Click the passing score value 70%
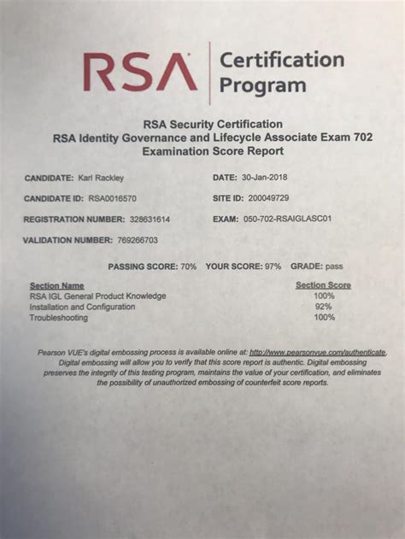[x=187, y=267]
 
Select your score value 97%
[x=273, y=267]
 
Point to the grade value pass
[x=333, y=267]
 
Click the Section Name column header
[x=56, y=285]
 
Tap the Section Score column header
[x=323, y=285]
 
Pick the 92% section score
[x=323, y=306]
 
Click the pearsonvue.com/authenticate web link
[x=318, y=352]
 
